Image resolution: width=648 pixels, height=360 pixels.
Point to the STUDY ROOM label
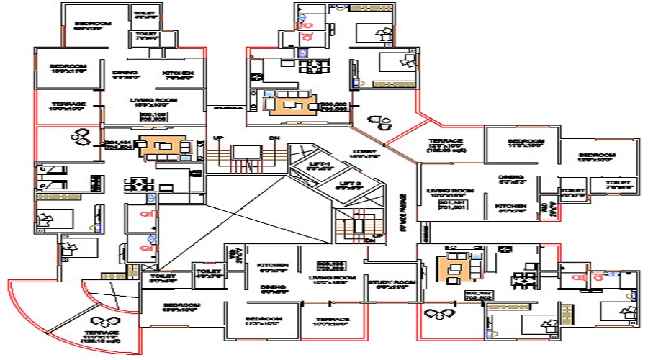tap(390, 282)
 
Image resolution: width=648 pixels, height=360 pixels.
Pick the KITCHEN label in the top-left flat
tap(177, 73)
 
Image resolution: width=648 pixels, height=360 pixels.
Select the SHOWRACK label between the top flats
tap(224, 107)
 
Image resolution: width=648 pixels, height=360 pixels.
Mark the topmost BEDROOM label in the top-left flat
tap(93, 24)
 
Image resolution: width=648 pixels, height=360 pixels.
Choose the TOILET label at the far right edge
tap(617, 183)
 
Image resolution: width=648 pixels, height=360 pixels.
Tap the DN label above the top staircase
tap(274, 138)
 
